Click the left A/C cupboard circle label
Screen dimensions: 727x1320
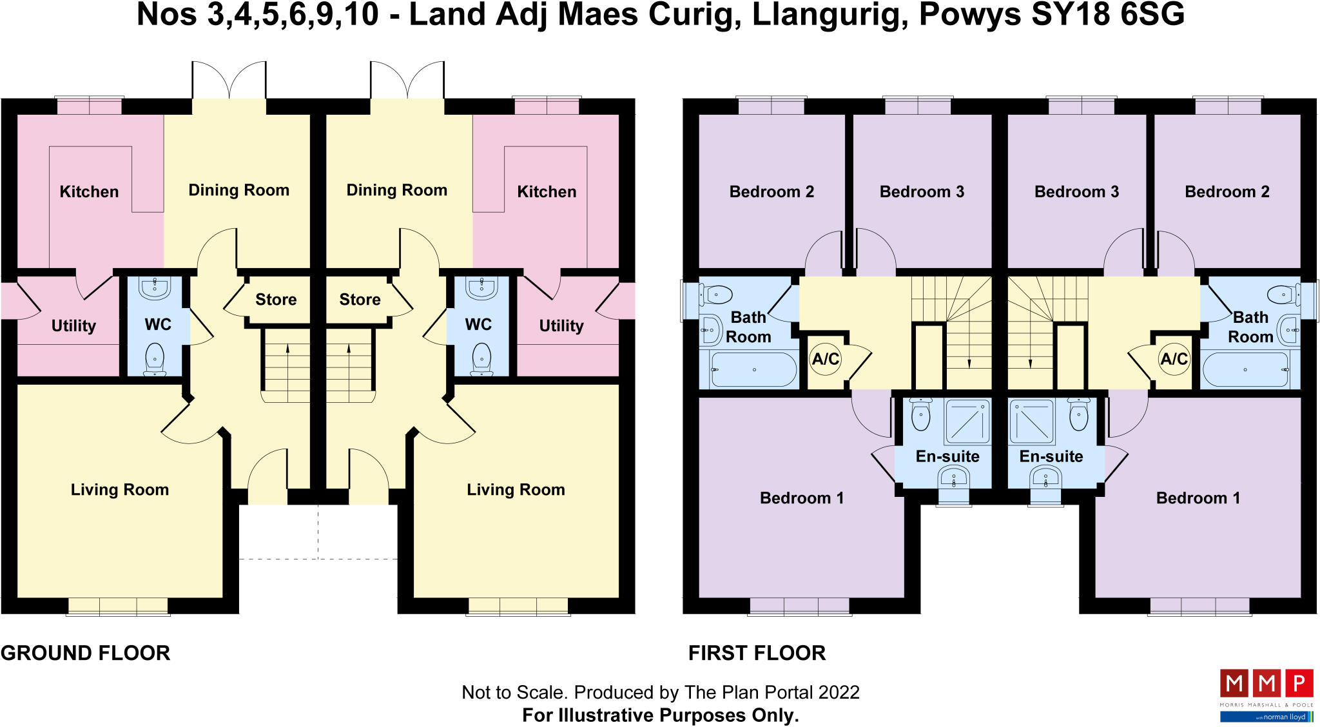pyautogui.click(x=825, y=359)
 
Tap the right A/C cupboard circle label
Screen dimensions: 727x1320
pyautogui.click(x=1174, y=359)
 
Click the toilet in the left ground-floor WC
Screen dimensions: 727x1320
pyautogui.click(x=155, y=358)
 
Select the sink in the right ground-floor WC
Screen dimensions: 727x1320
pyautogui.click(x=481, y=289)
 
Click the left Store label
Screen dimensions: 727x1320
pyautogui.click(x=276, y=300)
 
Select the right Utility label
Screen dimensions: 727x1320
pyautogui.click(x=561, y=326)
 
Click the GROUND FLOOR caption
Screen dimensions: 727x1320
pyautogui.click(x=86, y=653)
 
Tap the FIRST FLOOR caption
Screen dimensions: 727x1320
pyautogui.click(x=757, y=653)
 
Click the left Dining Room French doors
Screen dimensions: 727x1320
pyautogui.click(x=229, y=81)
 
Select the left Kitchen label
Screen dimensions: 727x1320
pyautogui.click(x=89, y=192)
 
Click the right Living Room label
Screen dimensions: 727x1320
pyautogui.click(x=516, y=490)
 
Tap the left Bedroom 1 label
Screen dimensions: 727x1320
pyautogui.click(x=801, y=498)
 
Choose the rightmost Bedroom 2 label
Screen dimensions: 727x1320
pyautogui.click(x=1227, y=192)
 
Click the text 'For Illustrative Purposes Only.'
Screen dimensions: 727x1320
pyautogui.click(x=660, y=715)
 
